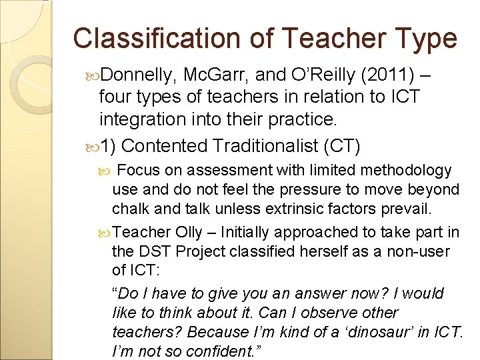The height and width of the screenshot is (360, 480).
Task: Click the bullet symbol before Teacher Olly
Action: tap(105, 233)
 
